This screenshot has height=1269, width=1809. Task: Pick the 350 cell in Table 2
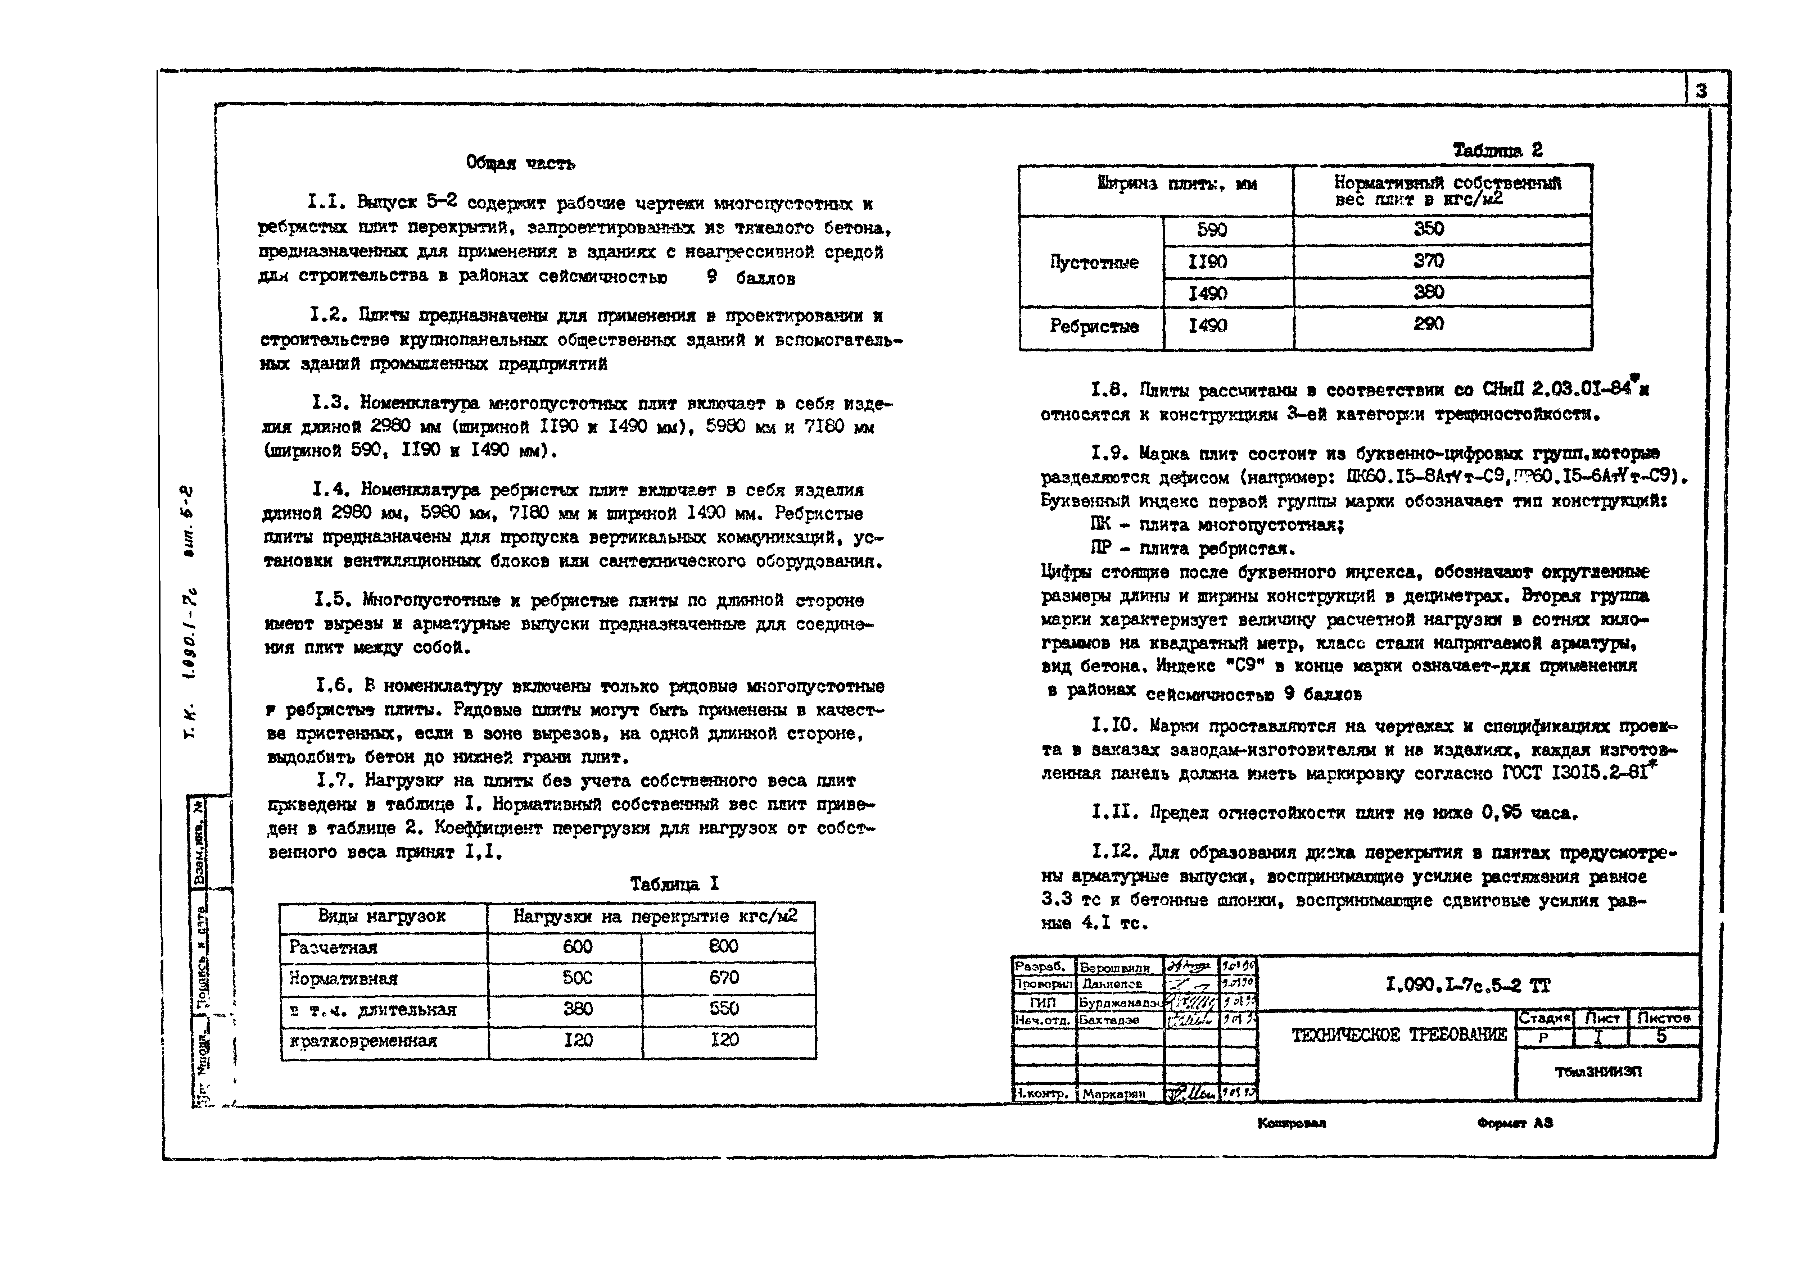pos(1428,229)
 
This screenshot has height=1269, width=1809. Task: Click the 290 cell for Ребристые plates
pos(1428,324)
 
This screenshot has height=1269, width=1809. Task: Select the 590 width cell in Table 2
pos(1212,230)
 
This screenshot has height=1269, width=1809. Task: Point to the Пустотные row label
pos(1094,262)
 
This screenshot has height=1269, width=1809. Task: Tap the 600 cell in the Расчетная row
pos(578,947)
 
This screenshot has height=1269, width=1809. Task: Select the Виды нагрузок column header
pos(382,916)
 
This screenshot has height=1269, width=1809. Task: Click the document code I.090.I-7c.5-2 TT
pos(1467,984)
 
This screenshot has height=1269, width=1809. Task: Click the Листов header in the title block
pos(1663,1018)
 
